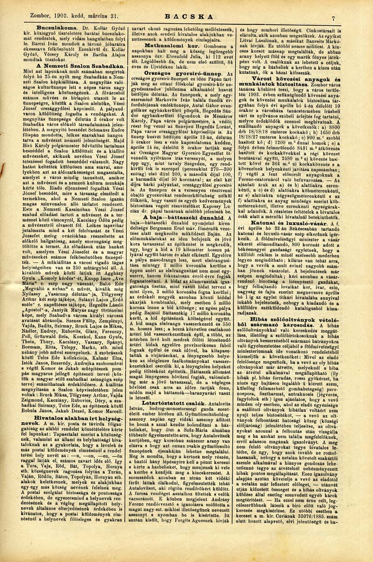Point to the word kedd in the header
73,16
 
